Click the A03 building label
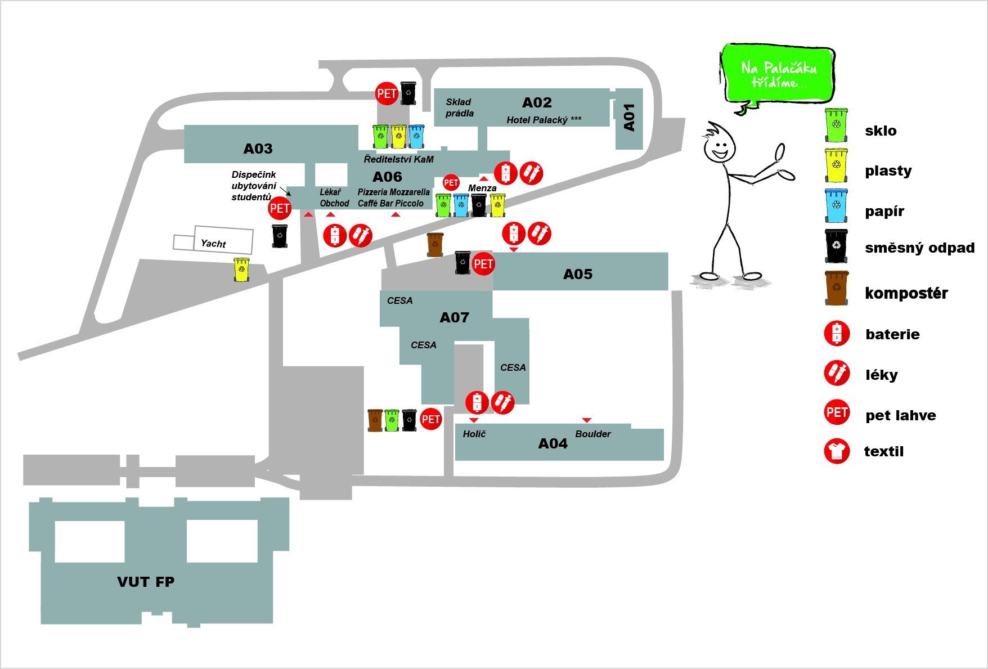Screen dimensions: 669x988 click(x=258, y=149)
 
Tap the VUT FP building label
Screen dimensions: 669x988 click(x=146, y=582)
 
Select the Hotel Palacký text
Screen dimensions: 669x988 click(x=544, y=120)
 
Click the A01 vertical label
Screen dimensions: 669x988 click(x=629, y=117)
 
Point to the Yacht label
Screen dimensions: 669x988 click(x=213, y=244)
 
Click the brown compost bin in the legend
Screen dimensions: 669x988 click(x=837, y=288)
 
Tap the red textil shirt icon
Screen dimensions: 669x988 click(x=837, y=451)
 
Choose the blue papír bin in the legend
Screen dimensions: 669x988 click(x=837, y=206)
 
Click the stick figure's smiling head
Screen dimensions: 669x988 click(x=718, y=147)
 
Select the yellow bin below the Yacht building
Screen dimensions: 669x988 click(x=241, y=270)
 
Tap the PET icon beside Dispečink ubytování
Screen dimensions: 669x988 click(x=280, y=209)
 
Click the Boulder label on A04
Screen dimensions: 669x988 click(x=592, y=434)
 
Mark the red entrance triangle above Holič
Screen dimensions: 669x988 click(x=474, y=420)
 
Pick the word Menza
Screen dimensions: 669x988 click(x=482, y=188)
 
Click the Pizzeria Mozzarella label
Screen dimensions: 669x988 click(x=393, y=192)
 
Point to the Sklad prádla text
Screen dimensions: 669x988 click(x=459, y=107)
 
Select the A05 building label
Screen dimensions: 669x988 click(x=578, y=274)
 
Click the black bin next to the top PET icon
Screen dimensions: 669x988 click(x=408, y=93)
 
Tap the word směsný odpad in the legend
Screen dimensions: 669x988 click(x=919, y=248)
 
